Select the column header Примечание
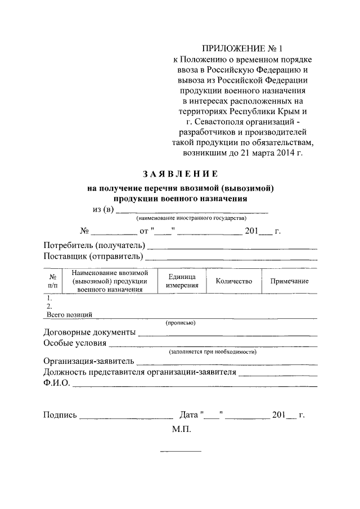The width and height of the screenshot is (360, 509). coord(289,281)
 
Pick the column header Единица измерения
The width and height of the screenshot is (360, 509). coord(182,281)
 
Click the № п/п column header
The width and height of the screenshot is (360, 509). coord(52,281)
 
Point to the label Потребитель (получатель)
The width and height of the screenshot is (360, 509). coord(94,246)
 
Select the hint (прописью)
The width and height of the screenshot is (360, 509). coord(180,323)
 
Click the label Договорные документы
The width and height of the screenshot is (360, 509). coord(89,332)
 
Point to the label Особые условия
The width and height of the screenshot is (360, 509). coord(74,343)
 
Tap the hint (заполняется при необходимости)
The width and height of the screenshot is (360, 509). coord(213,352)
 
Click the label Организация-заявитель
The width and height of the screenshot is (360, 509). coord(89,361)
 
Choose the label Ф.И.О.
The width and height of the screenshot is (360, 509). coord(56,383)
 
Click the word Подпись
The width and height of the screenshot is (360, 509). coord(60,415)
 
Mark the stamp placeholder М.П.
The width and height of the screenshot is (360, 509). coord(182,429)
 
